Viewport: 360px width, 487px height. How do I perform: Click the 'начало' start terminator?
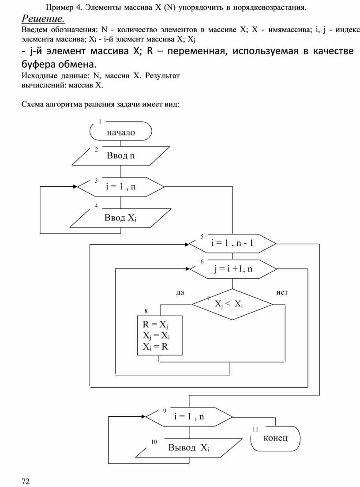click(x=120, y=132)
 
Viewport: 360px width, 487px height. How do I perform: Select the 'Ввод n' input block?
click(x=120, y=156)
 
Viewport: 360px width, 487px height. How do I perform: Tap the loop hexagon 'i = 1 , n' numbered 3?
click(x=120, y=187)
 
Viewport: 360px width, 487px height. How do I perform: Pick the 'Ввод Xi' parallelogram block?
click(x=120, y=218)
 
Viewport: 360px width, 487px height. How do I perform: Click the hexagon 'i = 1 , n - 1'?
click(x=232, y=243)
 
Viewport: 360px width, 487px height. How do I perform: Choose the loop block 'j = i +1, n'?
click(x=232, y=269)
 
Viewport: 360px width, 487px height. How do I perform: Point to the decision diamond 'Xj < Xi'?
click(x=232, y=304)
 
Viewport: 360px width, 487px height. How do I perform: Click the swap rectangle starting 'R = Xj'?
click(x=159, y=335)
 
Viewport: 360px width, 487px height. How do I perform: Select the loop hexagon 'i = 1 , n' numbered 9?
click(x=189, y=416)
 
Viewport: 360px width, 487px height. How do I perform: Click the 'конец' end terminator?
click(x=276, y=438)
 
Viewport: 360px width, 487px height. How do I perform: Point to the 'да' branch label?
click(x=180, y=292)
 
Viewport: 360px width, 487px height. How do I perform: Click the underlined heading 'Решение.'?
click(x=43, y=19)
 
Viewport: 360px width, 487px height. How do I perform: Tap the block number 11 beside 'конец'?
click(x=255, y=429)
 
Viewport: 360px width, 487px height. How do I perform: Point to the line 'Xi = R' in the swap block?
click(x=155, y=346)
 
